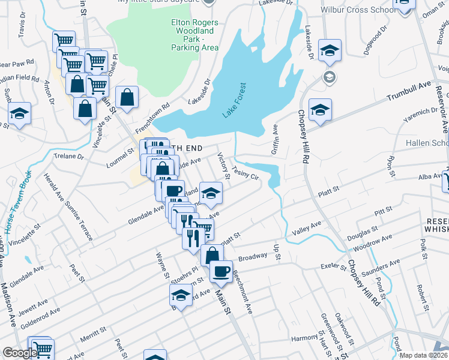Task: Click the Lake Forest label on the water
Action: coord(235,100)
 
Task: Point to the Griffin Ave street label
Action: coord(275,139)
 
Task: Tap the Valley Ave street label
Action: coord(307,227)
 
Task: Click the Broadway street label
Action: coord(252,257)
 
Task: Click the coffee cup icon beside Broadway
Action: coord(221,271)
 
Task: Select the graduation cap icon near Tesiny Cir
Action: coord(211,192)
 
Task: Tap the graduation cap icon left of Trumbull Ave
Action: coord(321,109)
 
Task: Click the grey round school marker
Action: coord(328,77)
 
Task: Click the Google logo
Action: coord(20,353)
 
